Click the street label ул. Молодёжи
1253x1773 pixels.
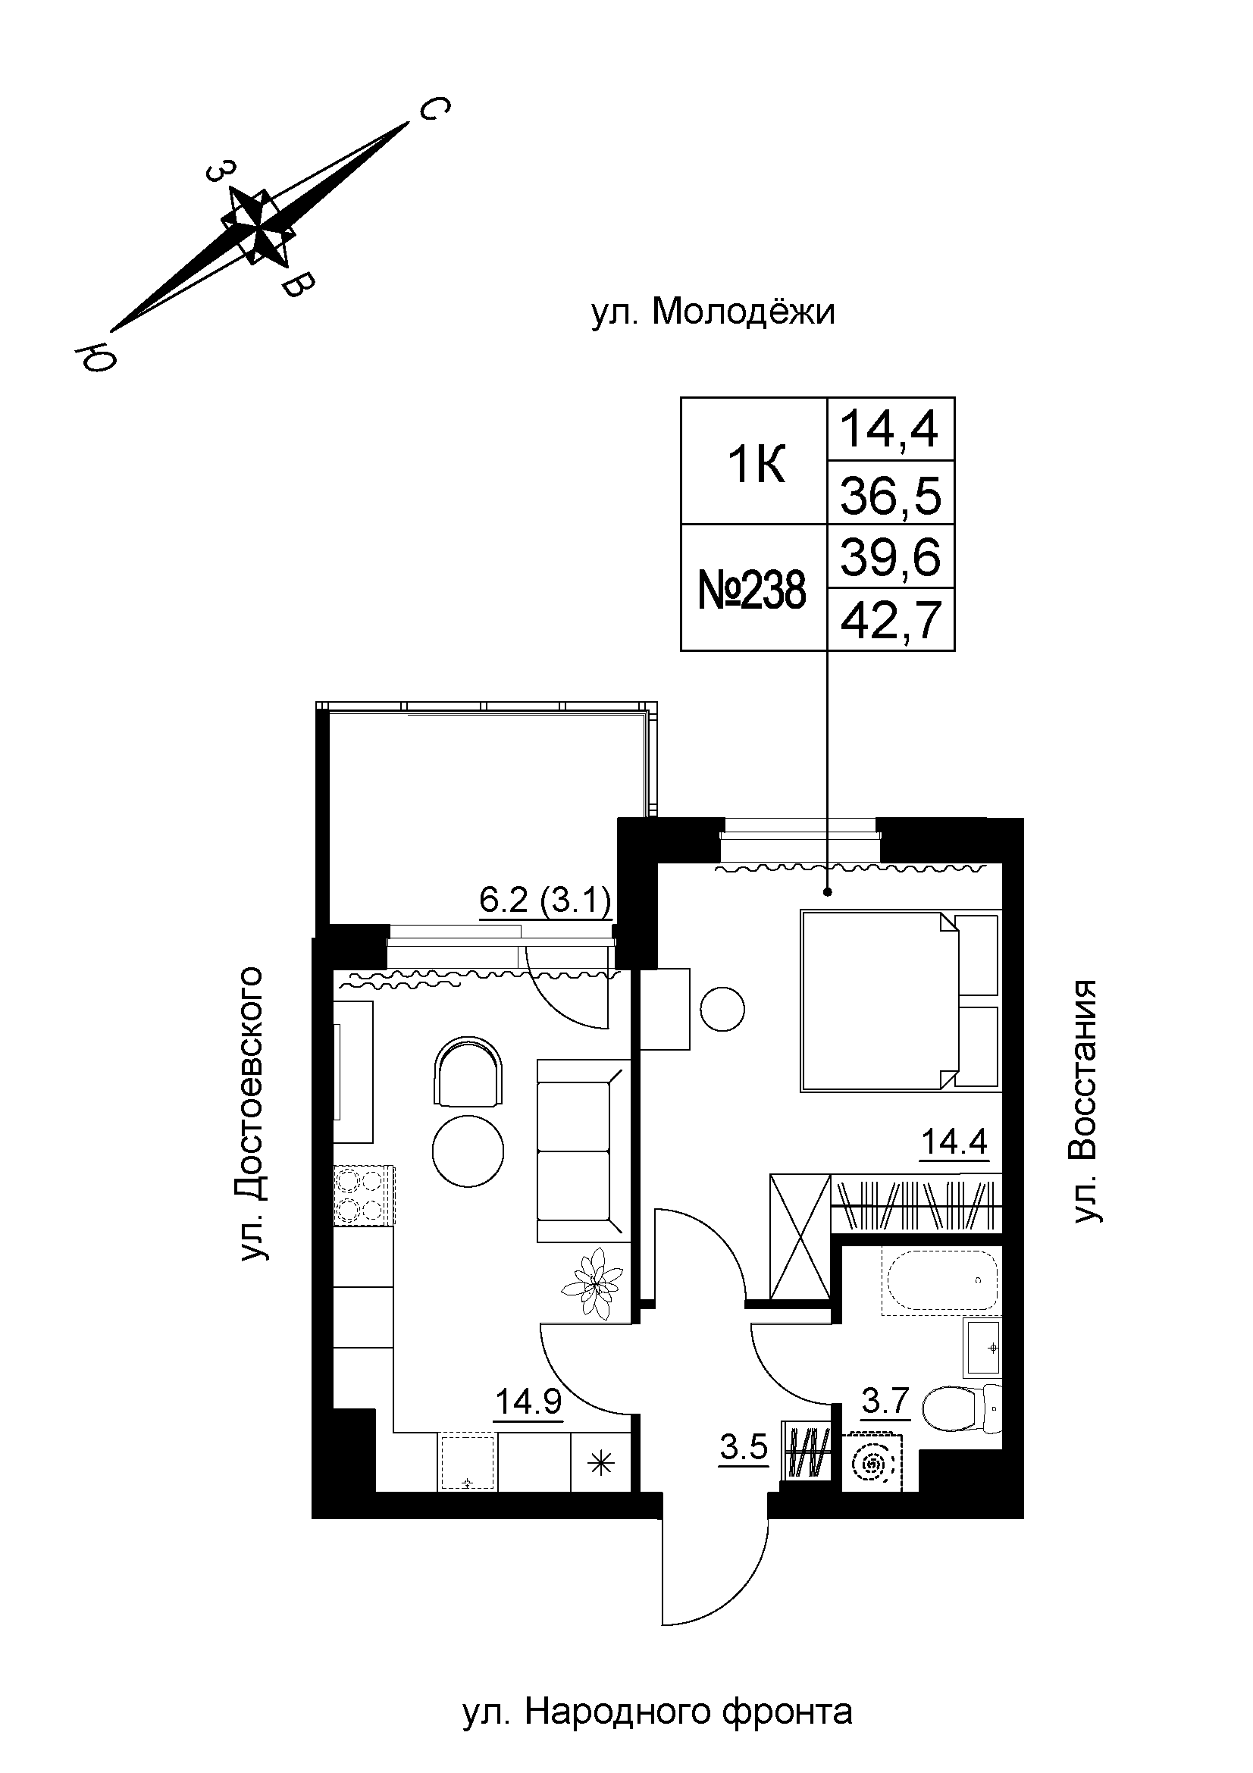713,313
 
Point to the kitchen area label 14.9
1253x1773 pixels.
529,1402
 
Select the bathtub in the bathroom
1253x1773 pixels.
942,1282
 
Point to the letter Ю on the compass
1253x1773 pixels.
95,356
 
